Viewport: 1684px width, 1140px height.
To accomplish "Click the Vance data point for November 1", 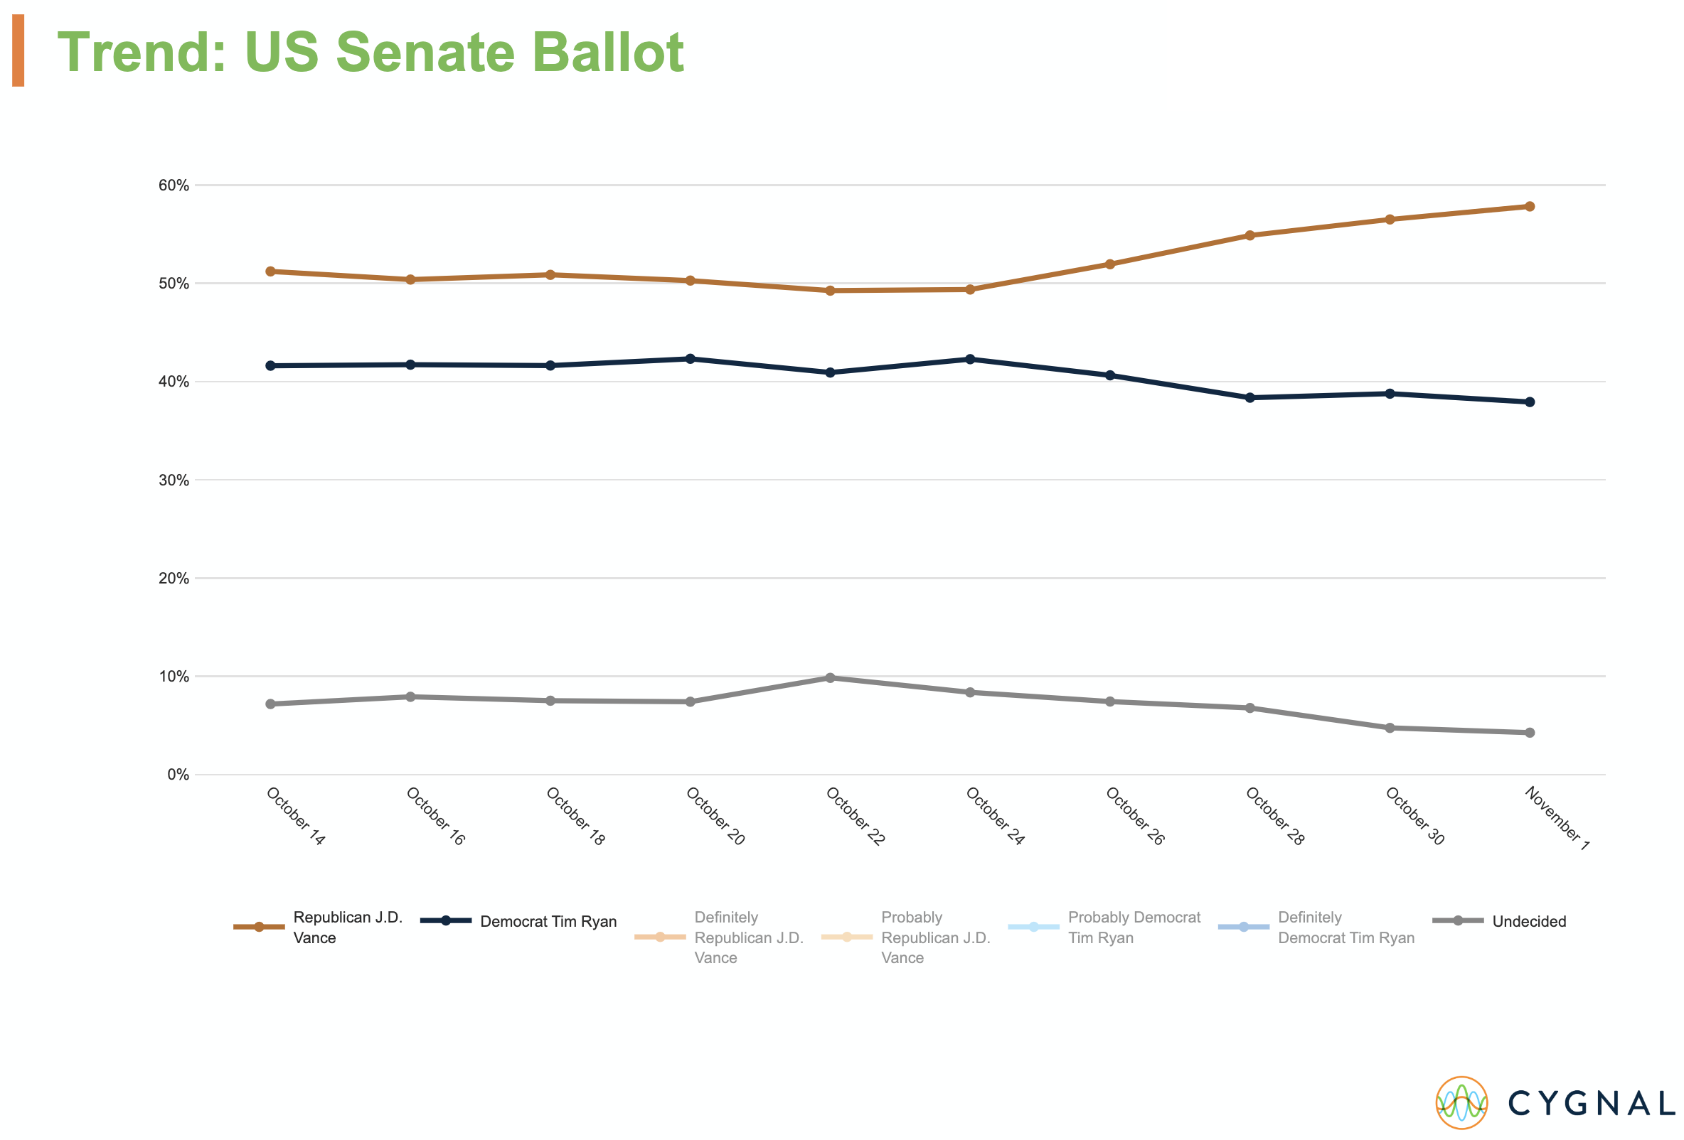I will (x=1530, y=206).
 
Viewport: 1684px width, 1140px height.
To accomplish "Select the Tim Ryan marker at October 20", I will (x=690, y=358).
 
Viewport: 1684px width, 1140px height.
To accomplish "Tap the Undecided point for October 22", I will (x=831, y=678).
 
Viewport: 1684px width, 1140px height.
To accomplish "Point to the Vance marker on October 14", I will (x=270, y=271).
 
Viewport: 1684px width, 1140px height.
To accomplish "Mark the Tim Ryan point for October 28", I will (x=1250, y=397).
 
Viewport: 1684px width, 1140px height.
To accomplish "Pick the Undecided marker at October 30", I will (x=1390, y=728).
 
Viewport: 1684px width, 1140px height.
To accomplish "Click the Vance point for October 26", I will (x=1110, y=264).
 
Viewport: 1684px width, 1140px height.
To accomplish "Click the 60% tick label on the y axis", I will (x=174, y=185).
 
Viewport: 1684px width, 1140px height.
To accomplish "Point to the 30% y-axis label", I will (x=174, y=480).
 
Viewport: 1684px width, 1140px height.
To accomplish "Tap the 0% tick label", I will (x=178, y=775).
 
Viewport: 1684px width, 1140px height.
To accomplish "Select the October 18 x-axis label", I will (x=575, y=816).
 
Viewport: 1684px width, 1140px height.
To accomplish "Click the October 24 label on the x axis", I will (x=995, y=816).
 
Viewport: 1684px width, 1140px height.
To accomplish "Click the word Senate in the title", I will (x=427, y=52).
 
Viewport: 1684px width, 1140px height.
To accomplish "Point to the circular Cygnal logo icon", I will (x=1461, y=1103).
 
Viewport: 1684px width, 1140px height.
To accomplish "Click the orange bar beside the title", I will (x=18, y=50).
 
